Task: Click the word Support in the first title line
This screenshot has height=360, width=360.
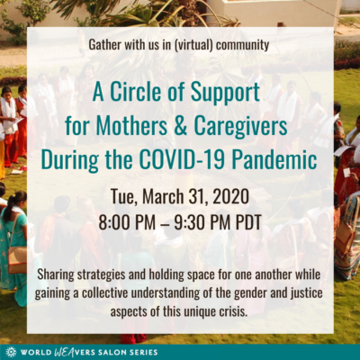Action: (x=225, y=93)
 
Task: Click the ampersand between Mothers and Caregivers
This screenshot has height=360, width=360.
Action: (x=181, y=126)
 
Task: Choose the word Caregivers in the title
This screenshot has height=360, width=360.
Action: (x=240, y=127)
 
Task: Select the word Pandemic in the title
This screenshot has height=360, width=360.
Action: (x=274, y=159)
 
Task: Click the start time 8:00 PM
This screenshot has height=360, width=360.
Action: (x=127, y=223)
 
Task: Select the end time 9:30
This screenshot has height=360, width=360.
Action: (x=187, y=223)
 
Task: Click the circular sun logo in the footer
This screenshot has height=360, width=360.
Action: (x=12, y=352)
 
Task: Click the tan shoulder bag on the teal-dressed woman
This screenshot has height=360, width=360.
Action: (x=17, y=260)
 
